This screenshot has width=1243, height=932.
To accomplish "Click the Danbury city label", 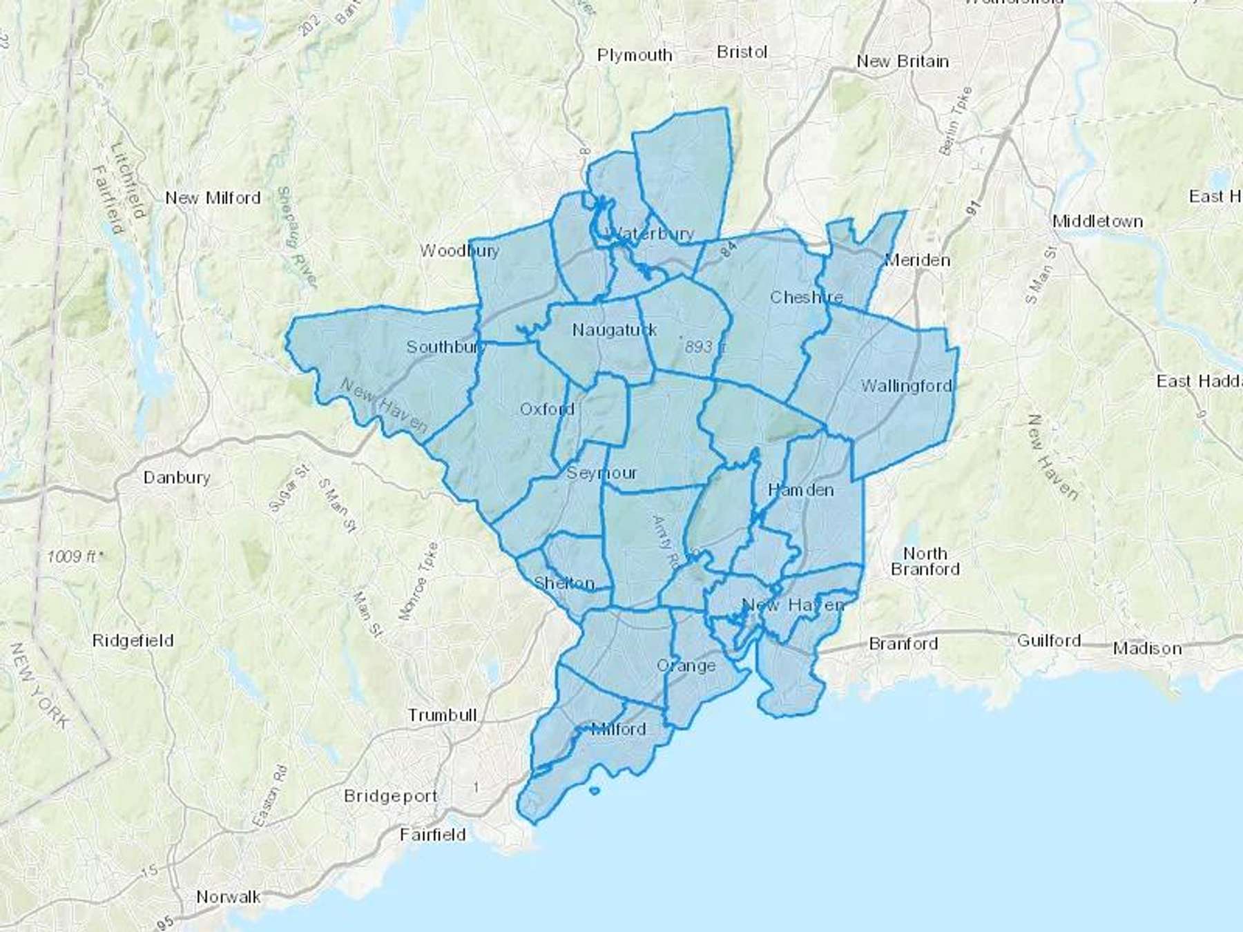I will click(x=177, y=477).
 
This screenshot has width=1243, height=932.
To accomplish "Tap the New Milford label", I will click(x=213, y=198).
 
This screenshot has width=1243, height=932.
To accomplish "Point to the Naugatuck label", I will click(x=614, y=330).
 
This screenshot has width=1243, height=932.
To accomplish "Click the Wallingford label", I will click(x=906, y=386).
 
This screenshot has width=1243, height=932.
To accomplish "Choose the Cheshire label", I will click(x=806, y=298).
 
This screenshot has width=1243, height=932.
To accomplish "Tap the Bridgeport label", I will click(x=391, y=796).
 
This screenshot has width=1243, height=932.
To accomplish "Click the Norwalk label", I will click(x=229, y=897).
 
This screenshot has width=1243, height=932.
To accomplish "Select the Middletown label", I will click(x=1097, y=222).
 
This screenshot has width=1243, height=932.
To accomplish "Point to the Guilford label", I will click(x=1048, y=641).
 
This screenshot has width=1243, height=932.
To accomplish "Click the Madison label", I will click(x=1147, y=648).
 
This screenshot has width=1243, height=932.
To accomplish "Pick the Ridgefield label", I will click(x=133, y=641).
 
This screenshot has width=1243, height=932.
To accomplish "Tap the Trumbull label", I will click(x=442, y=715).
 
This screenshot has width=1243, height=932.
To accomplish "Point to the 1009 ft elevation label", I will click(x=75, y=556).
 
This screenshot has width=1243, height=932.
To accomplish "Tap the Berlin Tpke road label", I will click(x=956, y=120).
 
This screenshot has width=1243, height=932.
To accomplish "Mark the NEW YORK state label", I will click(x=39, y=686).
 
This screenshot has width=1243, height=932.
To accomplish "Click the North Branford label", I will click(x=925, y=561).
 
